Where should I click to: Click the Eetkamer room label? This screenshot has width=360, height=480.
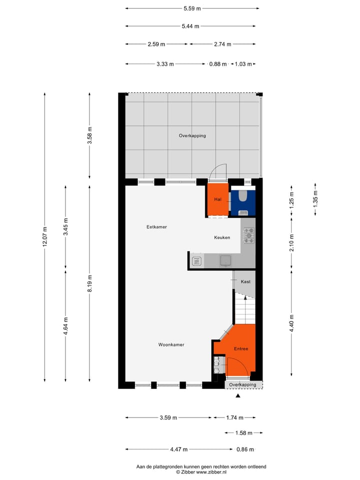coord(156,227)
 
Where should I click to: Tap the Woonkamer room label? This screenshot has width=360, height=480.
coord(171,344)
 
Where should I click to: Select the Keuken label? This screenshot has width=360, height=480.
coord(222,237)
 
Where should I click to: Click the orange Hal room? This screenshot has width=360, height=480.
coord(217,199)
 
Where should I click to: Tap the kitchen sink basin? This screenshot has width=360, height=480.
coord(225,259)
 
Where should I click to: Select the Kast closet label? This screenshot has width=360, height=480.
coord(245,282)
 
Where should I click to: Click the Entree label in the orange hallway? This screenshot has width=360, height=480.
coord(241,348)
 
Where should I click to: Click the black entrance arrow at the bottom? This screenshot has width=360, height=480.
coord(238,396)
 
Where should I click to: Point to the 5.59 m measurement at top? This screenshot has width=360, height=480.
coord(192,8)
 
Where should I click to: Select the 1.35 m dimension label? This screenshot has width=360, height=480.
coord(315,199)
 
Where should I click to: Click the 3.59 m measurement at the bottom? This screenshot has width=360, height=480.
coord(168,418)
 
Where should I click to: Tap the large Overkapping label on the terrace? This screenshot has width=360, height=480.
coord(192,135)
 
